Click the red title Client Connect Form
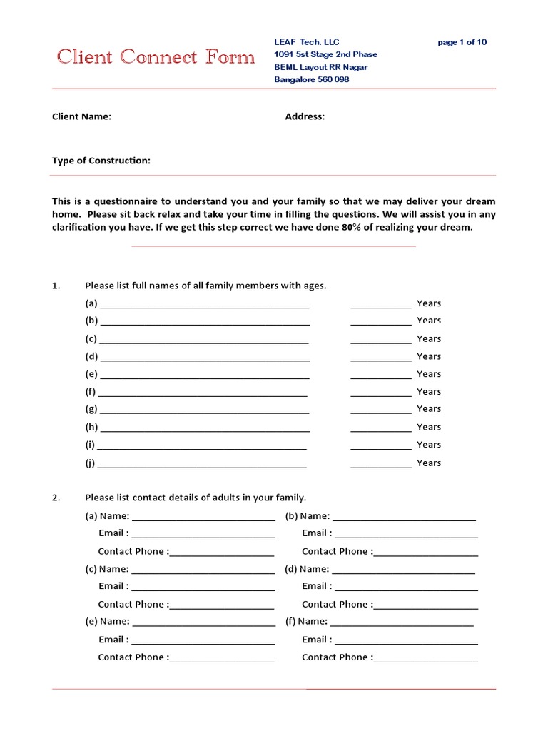[156, 57]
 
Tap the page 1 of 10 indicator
[462, 42]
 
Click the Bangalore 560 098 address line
[312, 79]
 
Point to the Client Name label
[81, 116]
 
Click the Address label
[305, 116]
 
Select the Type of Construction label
[101, 161]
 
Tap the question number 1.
[56, 286]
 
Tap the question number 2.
[56, 498]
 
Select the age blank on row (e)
[380, 375]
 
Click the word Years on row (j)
[429, 463]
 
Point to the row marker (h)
[91, 427]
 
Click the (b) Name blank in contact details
[404, 518]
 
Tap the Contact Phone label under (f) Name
[335, 657]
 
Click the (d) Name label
[307, 569]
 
